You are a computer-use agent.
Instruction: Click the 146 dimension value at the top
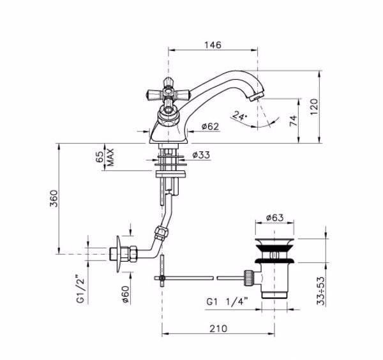213,45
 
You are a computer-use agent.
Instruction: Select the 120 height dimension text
314,107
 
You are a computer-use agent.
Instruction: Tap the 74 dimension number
294,121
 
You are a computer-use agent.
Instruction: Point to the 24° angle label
239,116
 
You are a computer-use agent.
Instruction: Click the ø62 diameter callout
210,126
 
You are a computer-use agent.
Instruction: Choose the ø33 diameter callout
201,155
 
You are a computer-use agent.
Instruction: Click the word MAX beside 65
110,157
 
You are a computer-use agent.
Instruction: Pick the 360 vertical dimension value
54,199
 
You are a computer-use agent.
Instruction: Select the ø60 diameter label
126,294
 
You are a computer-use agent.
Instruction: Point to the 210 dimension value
218,329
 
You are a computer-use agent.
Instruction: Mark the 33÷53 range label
321,290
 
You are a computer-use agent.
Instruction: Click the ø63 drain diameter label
274,218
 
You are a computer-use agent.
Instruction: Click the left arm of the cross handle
154,94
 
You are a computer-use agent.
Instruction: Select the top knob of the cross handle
167,83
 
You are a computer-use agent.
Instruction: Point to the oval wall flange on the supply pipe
119,254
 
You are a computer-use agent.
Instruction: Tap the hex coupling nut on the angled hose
161,232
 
